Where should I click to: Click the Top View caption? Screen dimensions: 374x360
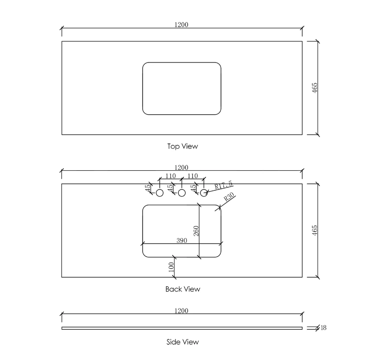(182, 146)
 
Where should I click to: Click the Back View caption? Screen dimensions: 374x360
(183, 289)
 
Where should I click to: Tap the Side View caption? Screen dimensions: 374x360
(182, 342)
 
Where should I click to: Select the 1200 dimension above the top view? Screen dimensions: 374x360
(181, 24)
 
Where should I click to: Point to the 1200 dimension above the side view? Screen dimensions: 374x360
(181, 311)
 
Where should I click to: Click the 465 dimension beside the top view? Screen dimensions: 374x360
(315, 88)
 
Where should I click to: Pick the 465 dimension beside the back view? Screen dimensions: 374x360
(315, 230)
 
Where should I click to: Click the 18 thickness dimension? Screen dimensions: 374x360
(323, 328)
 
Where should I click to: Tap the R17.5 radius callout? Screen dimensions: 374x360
(223, 185)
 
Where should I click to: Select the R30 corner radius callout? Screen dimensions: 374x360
(229, 197)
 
